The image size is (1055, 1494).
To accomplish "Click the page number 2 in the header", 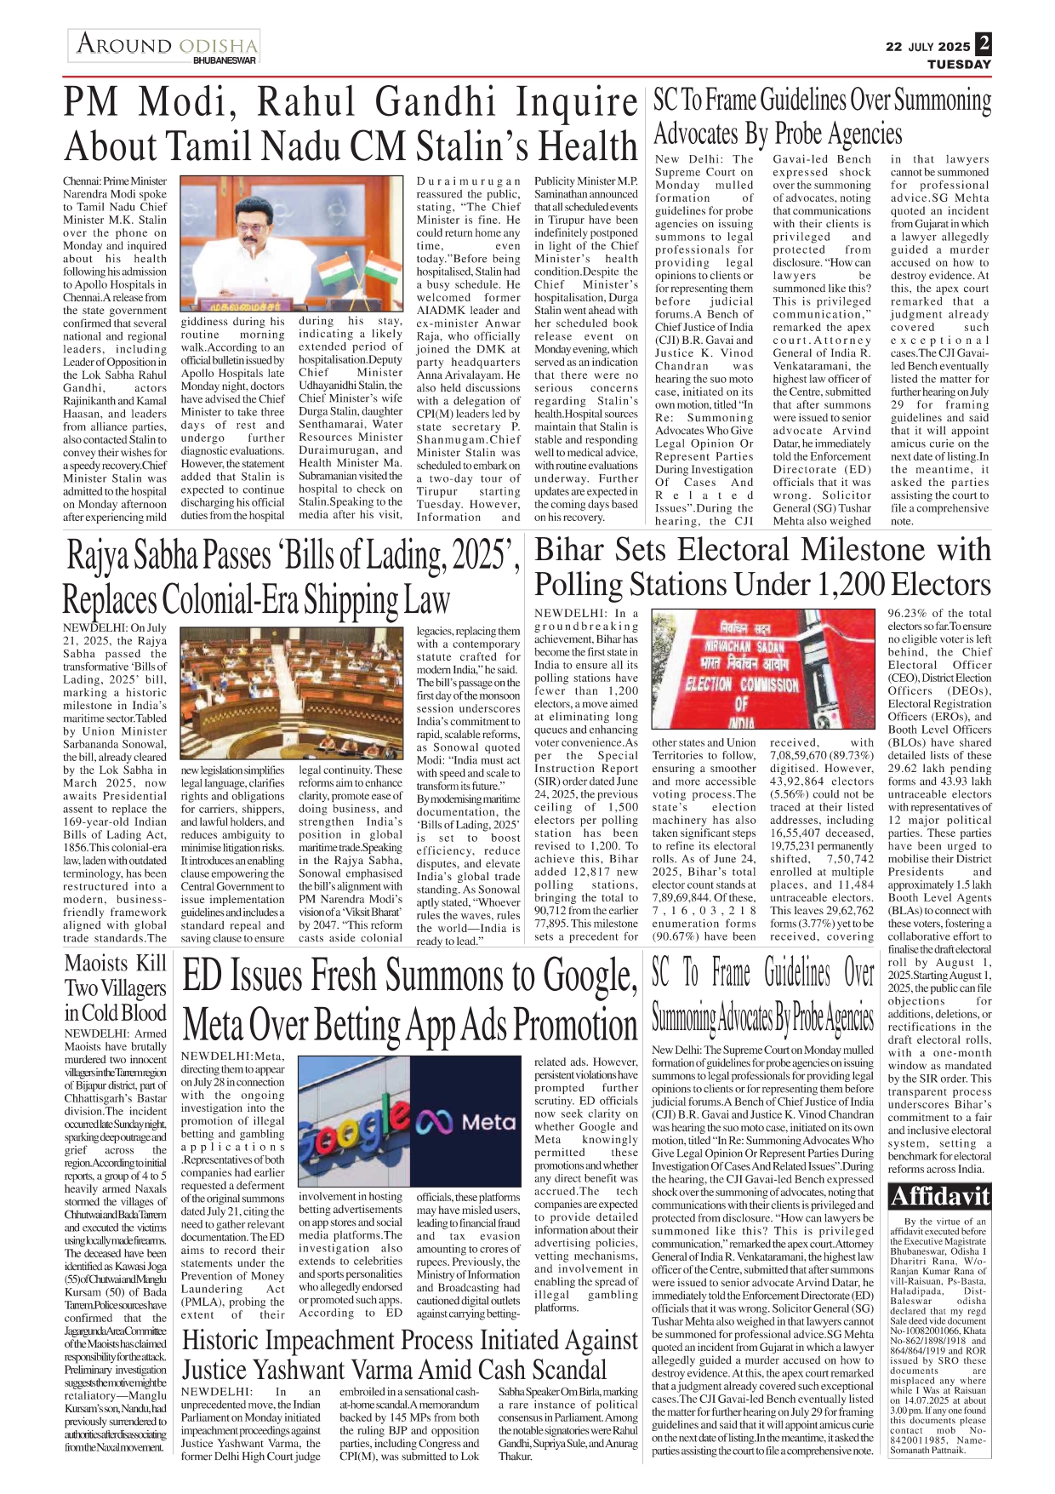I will [983, 43].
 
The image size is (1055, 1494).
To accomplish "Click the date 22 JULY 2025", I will [927, 47].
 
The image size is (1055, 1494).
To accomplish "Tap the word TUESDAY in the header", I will [959, 65].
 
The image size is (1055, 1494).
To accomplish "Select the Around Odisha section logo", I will [164, 46].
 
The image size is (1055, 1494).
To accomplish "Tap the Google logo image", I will [353, 1121].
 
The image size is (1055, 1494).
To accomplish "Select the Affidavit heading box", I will [939, 1197].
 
